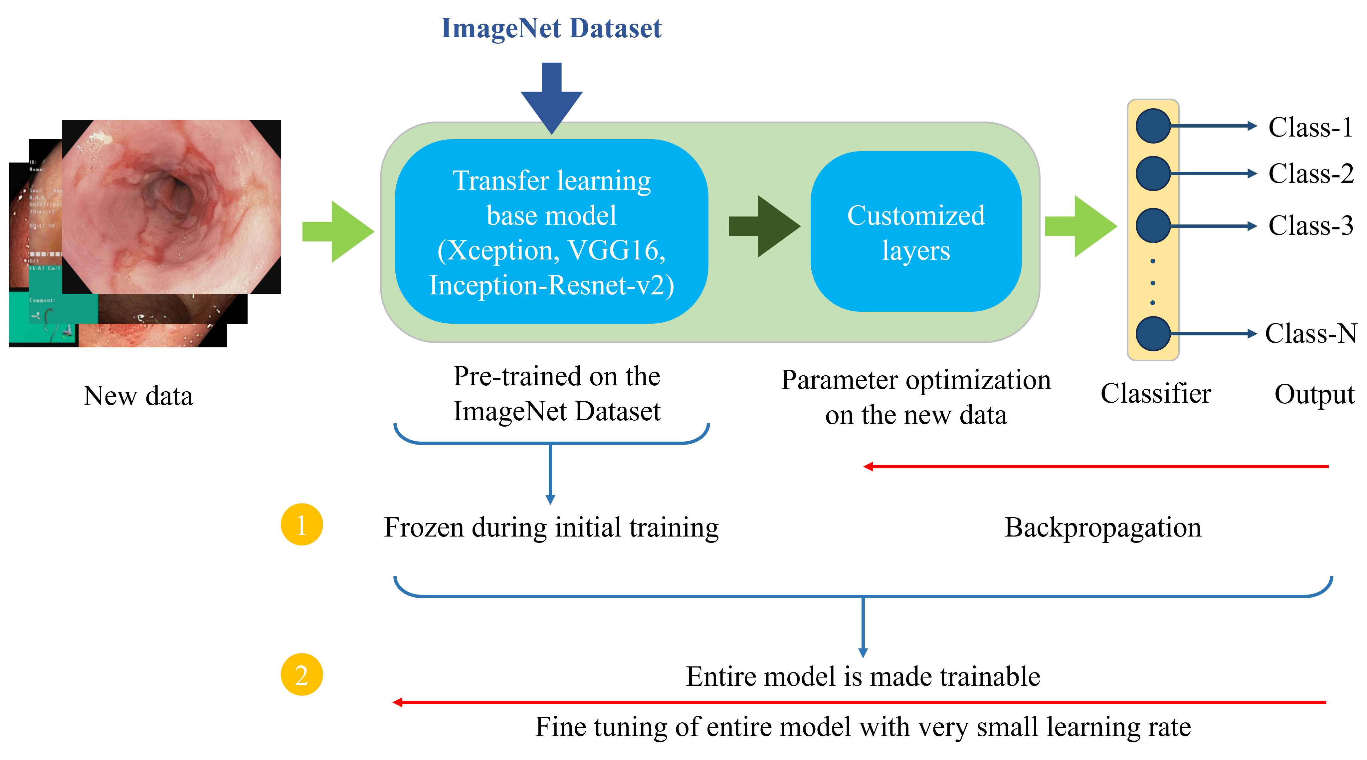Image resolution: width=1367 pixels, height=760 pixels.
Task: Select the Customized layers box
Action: pos(916,231)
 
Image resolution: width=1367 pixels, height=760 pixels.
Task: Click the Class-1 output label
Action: pos(1310,128)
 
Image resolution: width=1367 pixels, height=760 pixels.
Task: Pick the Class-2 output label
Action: pos(1310,174)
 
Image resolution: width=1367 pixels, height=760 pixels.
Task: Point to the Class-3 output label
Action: pos(1310,226)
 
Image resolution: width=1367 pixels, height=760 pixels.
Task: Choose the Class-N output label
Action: pos(1310,333)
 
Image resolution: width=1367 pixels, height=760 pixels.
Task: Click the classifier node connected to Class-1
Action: pos(1153,126)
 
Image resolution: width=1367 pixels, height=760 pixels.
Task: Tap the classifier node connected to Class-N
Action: pos(1153,333)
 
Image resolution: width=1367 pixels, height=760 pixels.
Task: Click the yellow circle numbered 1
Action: pos(301,525)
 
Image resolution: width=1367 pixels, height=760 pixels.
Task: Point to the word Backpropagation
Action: pos(1103,528)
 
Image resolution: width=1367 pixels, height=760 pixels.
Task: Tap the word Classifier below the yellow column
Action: pos(1156,394)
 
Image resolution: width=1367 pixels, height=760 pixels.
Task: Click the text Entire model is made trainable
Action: pos(863,677)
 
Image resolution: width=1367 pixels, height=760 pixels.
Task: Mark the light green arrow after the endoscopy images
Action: pos(337,231)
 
